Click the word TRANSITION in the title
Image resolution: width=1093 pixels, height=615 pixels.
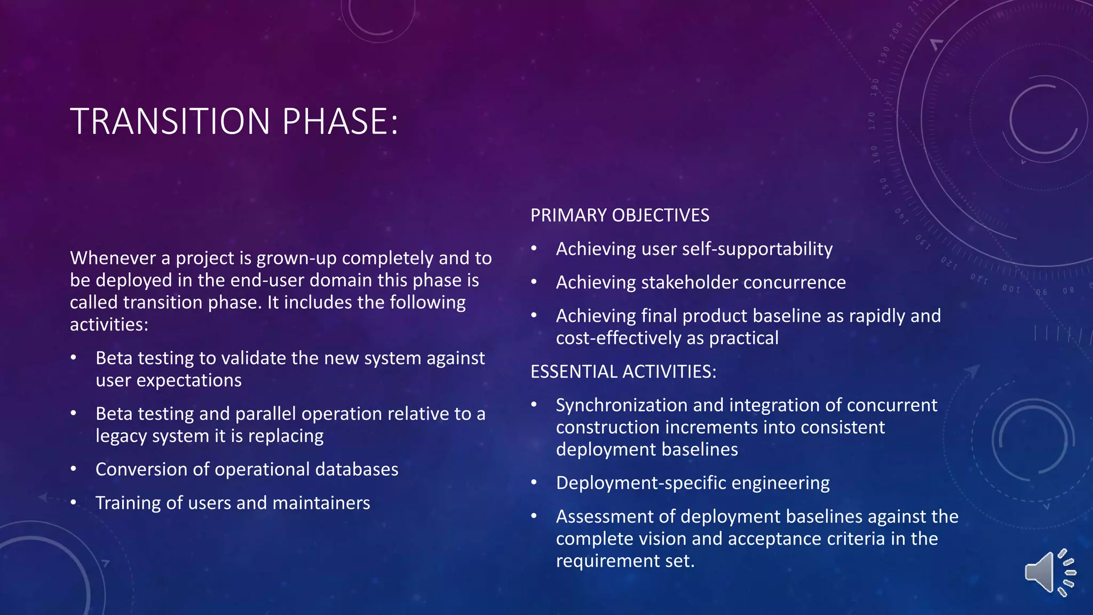(170, 122)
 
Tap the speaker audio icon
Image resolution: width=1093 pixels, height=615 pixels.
(1049, 572)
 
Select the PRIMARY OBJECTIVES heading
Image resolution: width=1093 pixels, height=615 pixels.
(620, 215)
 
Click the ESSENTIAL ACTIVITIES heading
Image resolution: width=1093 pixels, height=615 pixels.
(623, 372)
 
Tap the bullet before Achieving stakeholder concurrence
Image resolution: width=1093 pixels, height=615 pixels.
(534, 282)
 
